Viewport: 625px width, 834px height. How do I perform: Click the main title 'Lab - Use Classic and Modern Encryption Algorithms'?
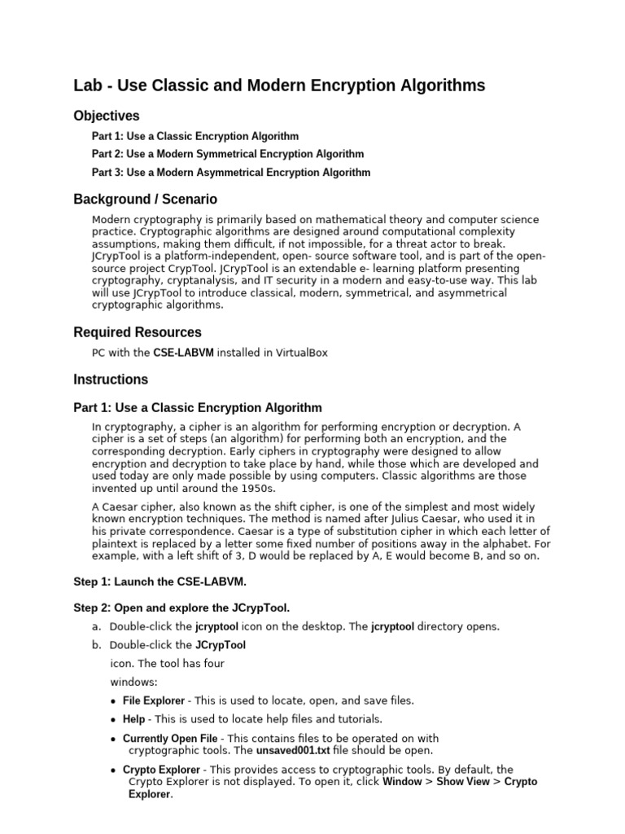[x=279, y=86]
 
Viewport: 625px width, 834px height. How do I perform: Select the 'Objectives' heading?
[x=107, y=116]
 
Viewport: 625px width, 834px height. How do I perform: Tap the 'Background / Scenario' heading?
[x=145, y=199]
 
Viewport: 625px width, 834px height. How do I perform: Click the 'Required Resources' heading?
[x=138, y=332]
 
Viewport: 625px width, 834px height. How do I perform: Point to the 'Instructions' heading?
[x=111, y=380]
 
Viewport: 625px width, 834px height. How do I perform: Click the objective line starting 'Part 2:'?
[x=228, y=154]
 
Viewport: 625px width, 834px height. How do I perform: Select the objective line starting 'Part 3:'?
[x=231, y=173]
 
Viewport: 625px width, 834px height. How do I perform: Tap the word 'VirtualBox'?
[x=301, y=353]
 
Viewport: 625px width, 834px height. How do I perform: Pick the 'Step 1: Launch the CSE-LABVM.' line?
[x=160, y=582]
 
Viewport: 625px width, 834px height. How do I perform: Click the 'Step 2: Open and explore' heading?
[x=181, y=608]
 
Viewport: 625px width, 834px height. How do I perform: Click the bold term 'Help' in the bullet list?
[x=133, y=719]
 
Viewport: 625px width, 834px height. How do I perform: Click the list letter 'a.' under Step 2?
[x=97, y=626]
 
